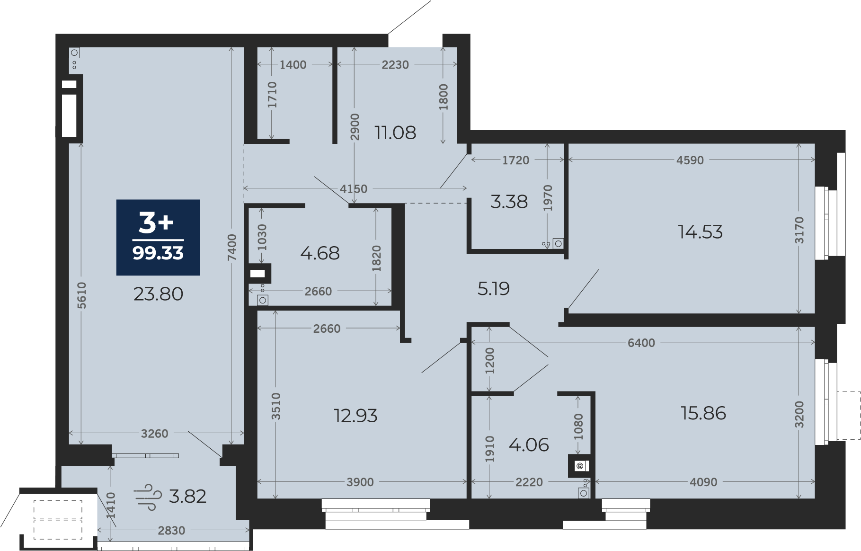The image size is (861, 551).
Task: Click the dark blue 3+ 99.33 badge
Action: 158,237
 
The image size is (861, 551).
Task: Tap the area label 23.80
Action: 158,294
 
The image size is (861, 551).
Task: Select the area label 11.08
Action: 395,133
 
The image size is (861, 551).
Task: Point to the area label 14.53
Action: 700,232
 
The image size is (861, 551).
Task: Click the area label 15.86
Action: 703,413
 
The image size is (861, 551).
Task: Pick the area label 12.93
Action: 355,416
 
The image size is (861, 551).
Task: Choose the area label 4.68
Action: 320,253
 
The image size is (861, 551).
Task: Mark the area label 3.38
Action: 509,202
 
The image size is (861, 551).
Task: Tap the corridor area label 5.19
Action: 493,288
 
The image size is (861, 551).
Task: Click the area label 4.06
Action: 529,445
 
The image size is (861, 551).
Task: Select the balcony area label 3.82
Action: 187,497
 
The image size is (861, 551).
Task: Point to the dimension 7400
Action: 231,248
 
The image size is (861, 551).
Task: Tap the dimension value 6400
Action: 641,343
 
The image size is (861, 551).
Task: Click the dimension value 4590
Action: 690,160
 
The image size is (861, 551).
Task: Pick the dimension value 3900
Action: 360,482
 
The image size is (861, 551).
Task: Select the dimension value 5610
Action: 82,295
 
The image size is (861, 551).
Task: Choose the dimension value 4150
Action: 354,189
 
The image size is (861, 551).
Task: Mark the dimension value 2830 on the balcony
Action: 171,531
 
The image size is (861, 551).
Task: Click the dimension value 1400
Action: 293,65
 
